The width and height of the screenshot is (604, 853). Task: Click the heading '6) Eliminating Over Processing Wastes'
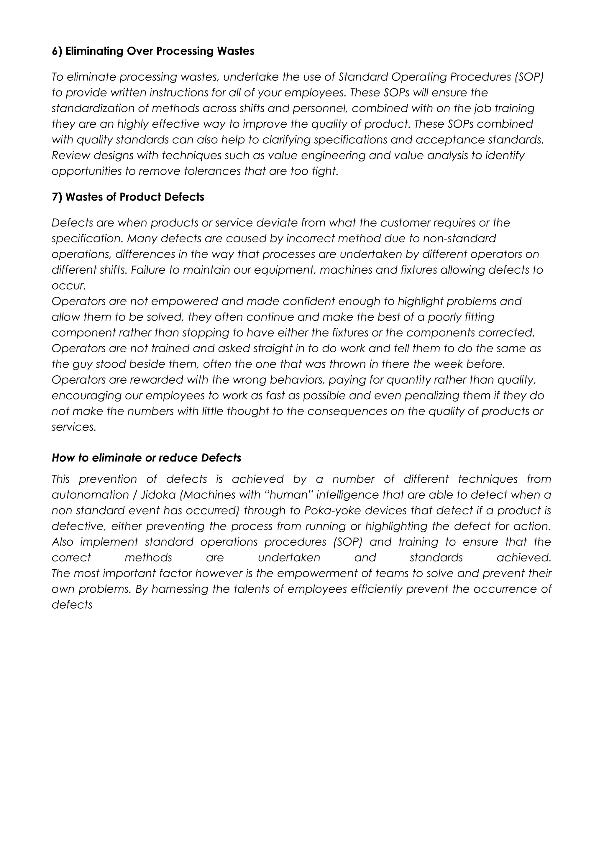pyautogui.click(x=153, y=51)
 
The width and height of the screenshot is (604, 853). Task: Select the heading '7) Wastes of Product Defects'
pyautogui.click(x=128, y=197)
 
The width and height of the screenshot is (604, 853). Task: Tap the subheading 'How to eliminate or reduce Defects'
pyautogui.click(x=146, y=458)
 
